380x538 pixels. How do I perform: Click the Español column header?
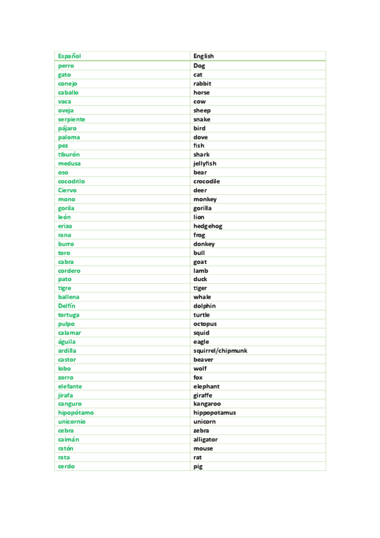69,56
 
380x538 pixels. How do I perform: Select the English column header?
204,56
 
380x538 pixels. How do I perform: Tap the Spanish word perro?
66,65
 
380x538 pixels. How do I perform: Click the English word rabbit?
202,83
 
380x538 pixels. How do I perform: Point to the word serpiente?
71,119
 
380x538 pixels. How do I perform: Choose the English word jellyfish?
204,164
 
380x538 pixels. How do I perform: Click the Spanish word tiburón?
69,155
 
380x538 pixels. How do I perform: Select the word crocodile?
207,181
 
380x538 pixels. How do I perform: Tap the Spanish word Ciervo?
67,190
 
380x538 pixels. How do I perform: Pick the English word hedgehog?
207,226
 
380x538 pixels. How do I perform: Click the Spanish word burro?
66,244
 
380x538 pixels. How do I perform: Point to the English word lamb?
200,271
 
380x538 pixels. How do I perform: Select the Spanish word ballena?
69,297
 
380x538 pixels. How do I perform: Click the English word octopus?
205,324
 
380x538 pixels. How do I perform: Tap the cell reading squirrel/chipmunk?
220,351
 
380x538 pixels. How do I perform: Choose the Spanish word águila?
67,342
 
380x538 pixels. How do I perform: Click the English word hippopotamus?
214,413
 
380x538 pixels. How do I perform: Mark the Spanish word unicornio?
72,422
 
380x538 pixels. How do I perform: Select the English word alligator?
205,440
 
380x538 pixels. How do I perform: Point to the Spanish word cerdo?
66,466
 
